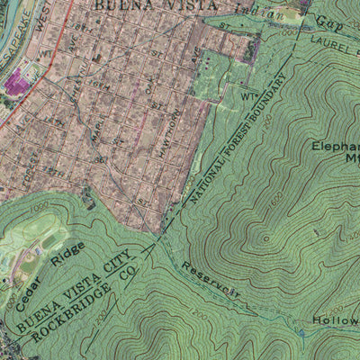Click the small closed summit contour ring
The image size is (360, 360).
[x=265, y=239]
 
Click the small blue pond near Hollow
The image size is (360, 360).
[x=303, y=334]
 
